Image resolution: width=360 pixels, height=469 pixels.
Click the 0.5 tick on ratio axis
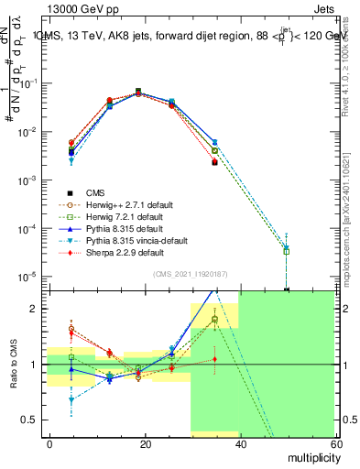33,420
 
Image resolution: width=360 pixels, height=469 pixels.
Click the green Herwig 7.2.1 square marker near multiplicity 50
287,251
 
